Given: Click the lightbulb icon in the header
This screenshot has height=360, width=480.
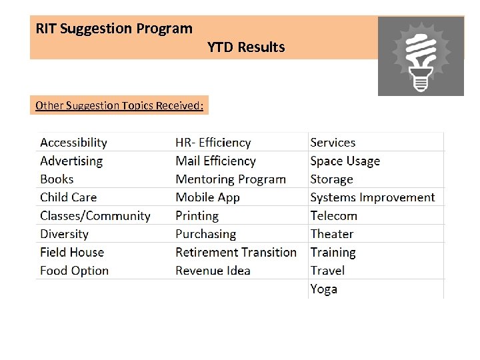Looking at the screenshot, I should [x=421, y=56].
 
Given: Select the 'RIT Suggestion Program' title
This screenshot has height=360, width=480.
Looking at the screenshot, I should [x=114, y=29].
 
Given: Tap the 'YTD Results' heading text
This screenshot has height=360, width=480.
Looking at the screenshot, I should [x=246, y=47].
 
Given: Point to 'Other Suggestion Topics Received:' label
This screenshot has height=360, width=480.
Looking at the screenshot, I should [x=119, y=105].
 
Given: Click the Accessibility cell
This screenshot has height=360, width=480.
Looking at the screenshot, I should [x=73, y=143].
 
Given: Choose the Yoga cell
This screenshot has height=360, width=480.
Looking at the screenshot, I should [x=324, y=289].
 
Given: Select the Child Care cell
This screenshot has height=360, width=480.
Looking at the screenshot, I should [x=68, y=197].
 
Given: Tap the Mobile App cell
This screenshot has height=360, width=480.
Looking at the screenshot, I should [x=207, y=197].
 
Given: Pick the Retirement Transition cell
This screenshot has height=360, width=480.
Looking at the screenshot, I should [x=235, y=253].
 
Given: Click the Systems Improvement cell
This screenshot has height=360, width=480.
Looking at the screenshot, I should [x=372, y=197].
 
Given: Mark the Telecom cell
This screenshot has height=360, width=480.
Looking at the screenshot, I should [x=333, y=216].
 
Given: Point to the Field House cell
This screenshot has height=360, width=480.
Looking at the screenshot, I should [x=72, y=253].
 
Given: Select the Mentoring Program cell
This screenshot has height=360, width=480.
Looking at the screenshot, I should [x=230, y=179].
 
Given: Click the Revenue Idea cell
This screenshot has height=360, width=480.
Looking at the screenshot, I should [x=213, y=271].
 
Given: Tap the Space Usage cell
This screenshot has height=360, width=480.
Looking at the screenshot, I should [x=345, y=161].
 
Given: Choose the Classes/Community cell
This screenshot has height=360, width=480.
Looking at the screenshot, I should [x=95, y=216].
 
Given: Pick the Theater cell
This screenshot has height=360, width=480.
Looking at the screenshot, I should [x=331, y=234].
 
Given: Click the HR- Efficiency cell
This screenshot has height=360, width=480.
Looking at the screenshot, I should [x=213, y=143].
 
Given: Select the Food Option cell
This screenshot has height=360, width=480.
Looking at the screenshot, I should [x=74, y=271].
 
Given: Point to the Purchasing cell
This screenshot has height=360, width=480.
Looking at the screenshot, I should [x=205, y=234].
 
